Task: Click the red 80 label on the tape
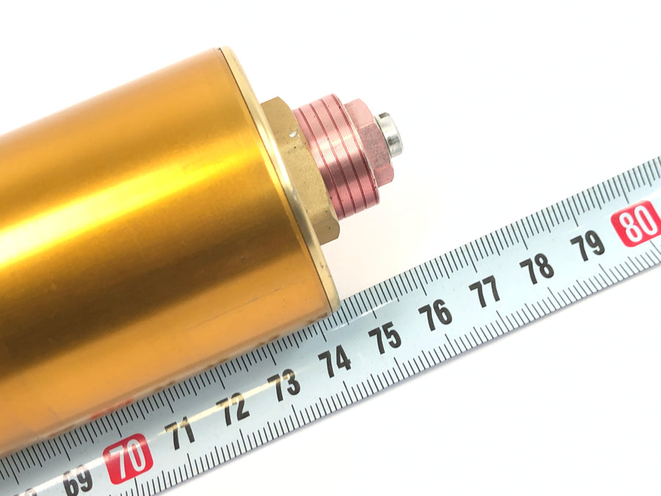point(636,223)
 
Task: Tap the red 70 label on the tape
point(129,459)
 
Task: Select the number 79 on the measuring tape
point(588,245)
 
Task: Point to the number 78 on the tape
point(537,268)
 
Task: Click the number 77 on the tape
point(485,291)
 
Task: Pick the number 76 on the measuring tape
point(435,315)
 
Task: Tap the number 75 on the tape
point(384,338)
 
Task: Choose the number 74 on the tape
point(335,361)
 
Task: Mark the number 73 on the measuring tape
point(284,384)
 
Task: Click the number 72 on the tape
point(234,409)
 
